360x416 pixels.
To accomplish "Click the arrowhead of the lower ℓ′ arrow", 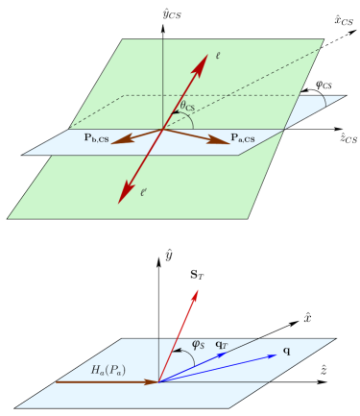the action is (122, 199).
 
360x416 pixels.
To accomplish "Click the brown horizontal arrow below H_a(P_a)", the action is (106, 381).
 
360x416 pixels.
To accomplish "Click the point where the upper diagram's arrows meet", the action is (162, 129).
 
